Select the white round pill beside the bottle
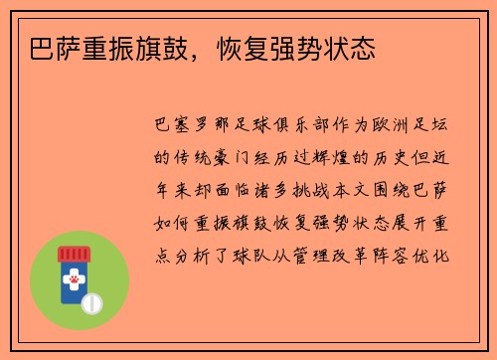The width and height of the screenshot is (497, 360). click(93, 301)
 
